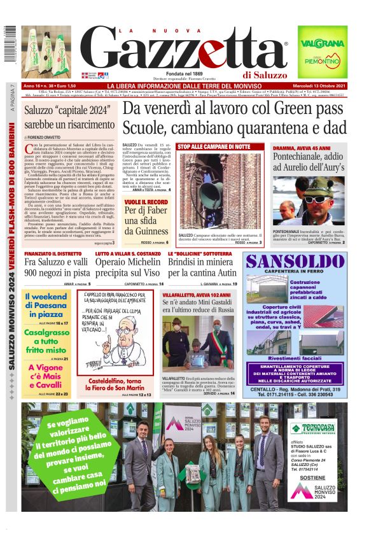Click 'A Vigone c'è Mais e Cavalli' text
47,376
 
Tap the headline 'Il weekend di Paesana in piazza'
47,306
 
